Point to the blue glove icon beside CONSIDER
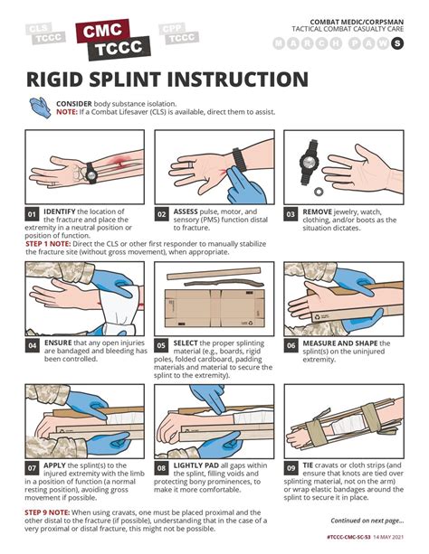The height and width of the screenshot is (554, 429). (x=40, y=109)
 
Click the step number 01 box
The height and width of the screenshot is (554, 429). (x=32, y=214)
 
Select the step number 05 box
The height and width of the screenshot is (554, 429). (x=161, y=344)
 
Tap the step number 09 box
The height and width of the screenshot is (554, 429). (x=291, y=468)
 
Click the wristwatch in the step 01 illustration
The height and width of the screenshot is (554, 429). (x=92, y=169)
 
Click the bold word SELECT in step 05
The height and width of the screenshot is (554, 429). (x=187, y=343)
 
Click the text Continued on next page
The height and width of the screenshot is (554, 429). (x=367, y=521)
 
